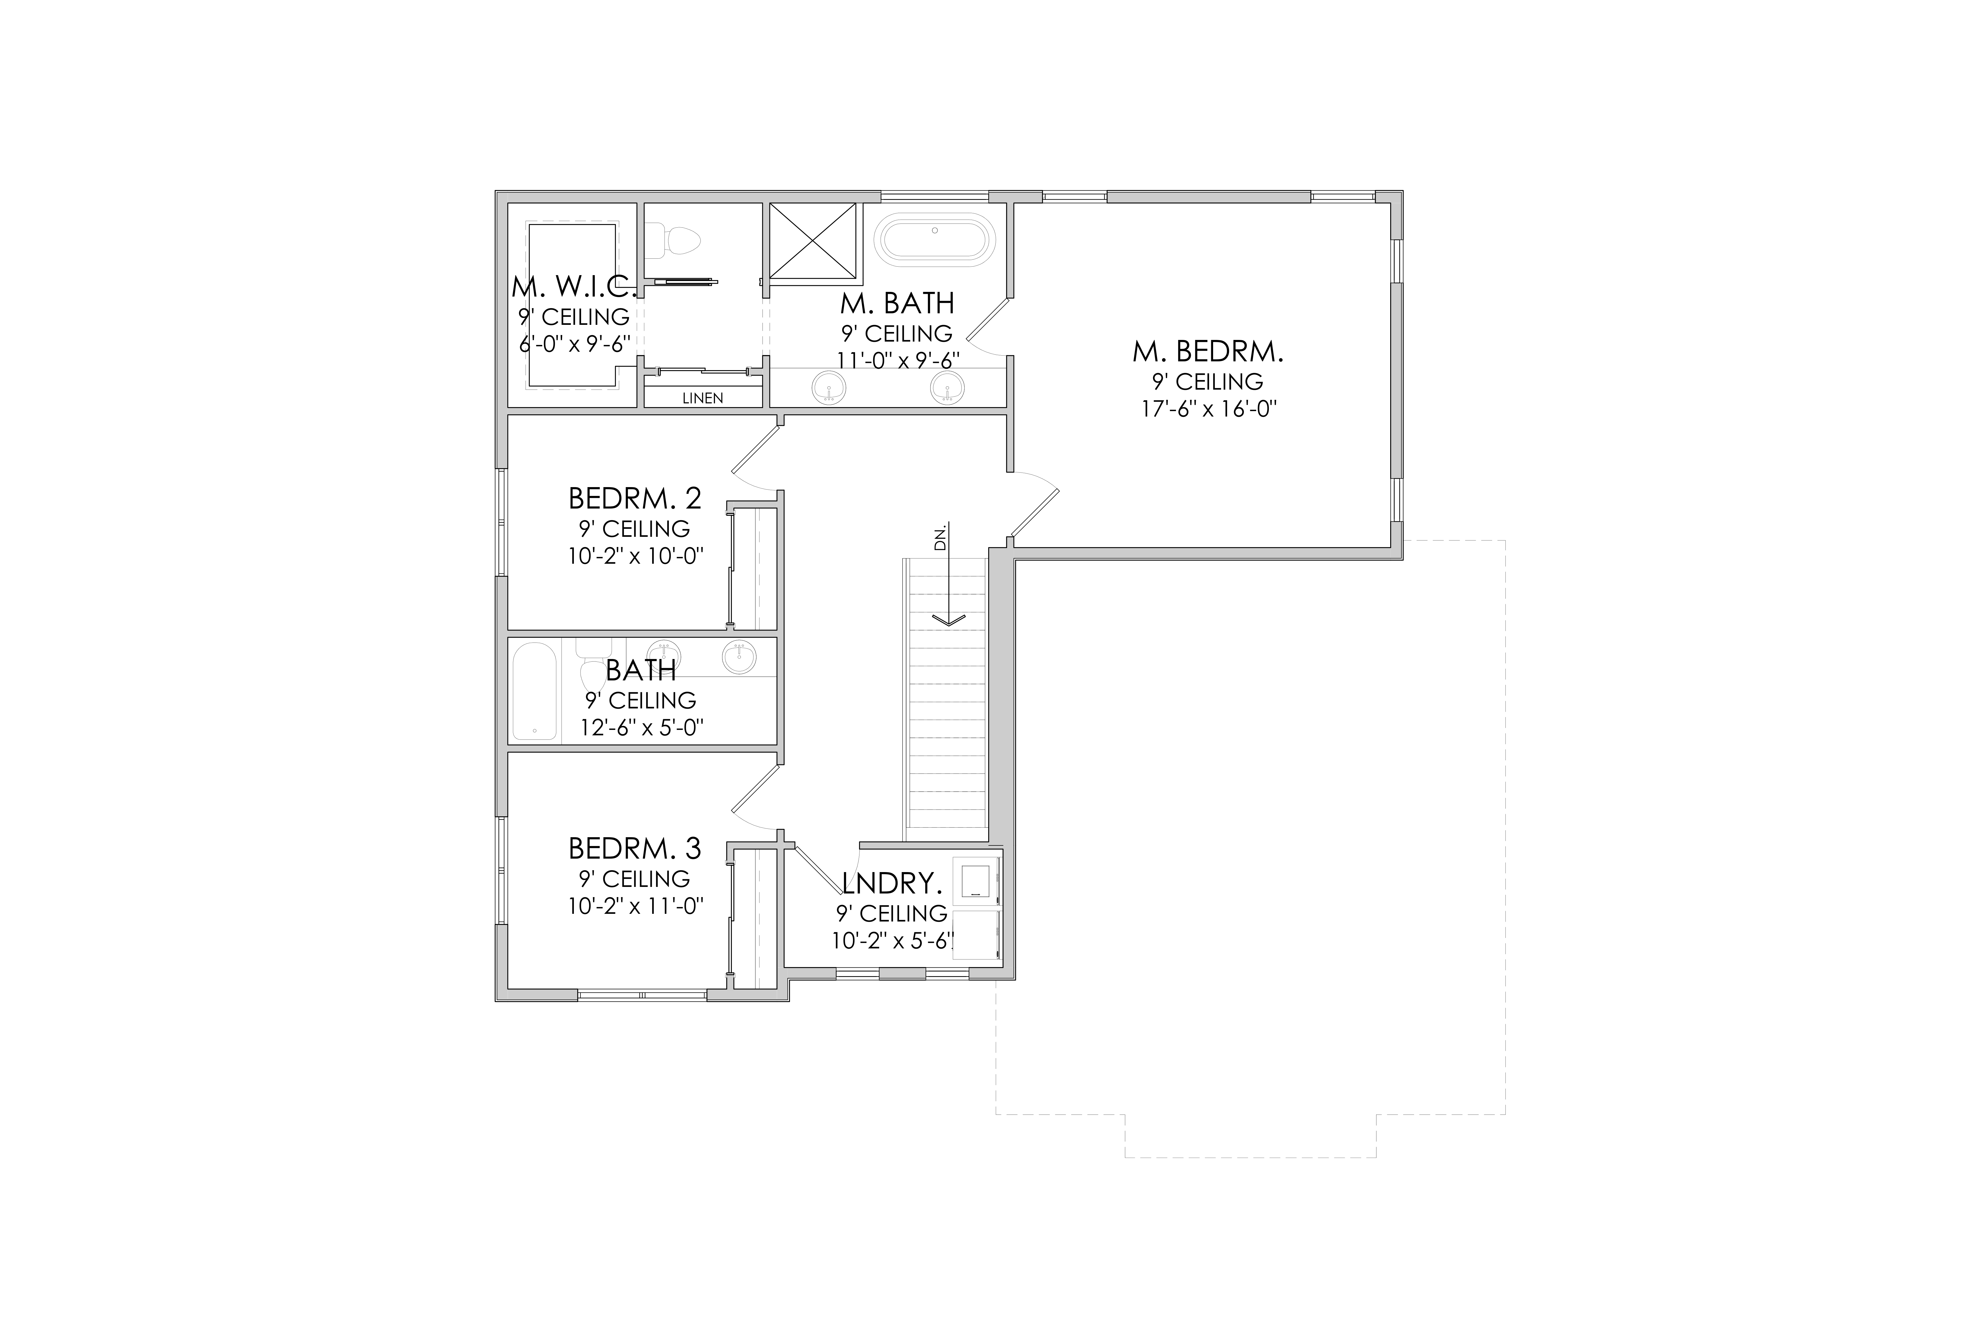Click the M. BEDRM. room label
pyautogui.click(x=1208, y=351)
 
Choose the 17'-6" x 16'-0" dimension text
pyautogui.click(x=1208, y=409)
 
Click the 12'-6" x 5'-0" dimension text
pyautogui.click(x=641, y=727)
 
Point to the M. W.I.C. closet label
pyautogui.click(x=574, y=287)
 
